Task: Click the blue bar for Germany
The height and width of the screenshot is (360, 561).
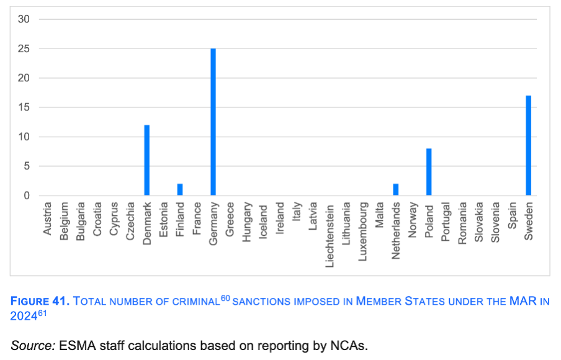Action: pyautogui.click(x=213, y=122)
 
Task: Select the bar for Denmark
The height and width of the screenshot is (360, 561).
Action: pyautogui.click(x=147, y=160)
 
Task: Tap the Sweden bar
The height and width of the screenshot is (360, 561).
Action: pyautogui.click(x=528, y=146)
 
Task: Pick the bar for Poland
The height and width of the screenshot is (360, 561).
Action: pyautogui.click(x=429, y=172)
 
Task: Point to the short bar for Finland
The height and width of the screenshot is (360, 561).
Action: pyautogui.click(x=180, y=189)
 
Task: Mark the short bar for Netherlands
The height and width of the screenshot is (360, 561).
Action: pyautogui.click(x=396, y=189)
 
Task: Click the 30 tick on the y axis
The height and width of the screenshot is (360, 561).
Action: pyautogui.click(x=24, y=19)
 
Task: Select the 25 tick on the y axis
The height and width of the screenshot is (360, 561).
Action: pyautogui.click(x=24, y=49)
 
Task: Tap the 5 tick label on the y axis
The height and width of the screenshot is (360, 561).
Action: pyautogui.click(x=27, y=166)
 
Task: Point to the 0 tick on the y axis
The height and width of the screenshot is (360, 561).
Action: pyautogui.click(x=27, y=196)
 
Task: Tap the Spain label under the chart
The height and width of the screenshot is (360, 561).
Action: pyautogui.click(x=512, y=215)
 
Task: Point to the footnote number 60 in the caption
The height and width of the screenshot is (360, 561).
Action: pyautogui.click(x=226, y=299)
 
